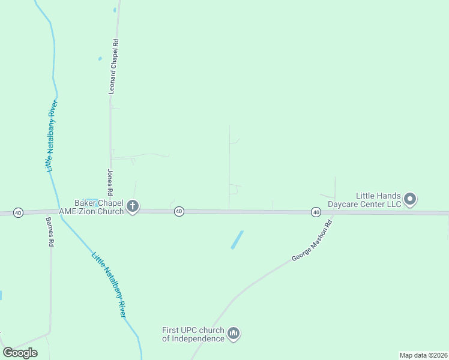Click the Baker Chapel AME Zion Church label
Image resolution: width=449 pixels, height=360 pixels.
point(91,207)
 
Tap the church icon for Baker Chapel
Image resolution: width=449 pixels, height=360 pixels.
point(133,207)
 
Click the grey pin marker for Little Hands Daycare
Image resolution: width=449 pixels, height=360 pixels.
point(410,199)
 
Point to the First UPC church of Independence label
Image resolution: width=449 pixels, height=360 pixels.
point(193,334)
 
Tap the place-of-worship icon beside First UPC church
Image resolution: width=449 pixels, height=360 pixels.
point(234,334)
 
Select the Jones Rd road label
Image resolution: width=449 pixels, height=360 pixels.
point(110,182)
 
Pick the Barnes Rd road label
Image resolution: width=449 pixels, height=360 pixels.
point(50,232)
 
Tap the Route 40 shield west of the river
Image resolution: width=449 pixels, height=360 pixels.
point(18,213)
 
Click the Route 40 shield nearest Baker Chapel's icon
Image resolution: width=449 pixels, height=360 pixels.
point(179,211)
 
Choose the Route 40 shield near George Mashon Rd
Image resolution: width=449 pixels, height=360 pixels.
point(316,212)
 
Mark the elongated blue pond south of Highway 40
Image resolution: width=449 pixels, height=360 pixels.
point(238,240)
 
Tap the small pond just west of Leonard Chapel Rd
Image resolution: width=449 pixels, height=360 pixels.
point(100,59)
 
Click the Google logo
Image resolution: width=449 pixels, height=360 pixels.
point(20,353)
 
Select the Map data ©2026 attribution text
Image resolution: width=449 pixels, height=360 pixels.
point(423,355)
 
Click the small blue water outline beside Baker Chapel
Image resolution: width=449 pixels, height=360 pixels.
point(92,200)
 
